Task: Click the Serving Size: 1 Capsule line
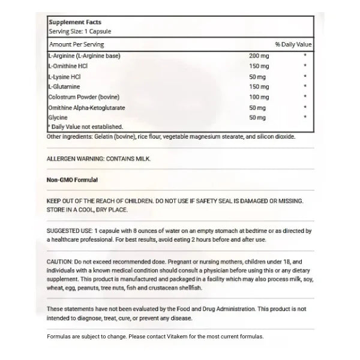(76, 31)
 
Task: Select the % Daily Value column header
(294, 45)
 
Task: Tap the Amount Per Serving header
(76, 45)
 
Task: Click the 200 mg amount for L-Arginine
(259, 56)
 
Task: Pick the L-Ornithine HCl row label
(70, 66)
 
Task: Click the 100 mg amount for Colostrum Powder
(259, 97)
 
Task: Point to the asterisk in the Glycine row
(305, 117)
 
